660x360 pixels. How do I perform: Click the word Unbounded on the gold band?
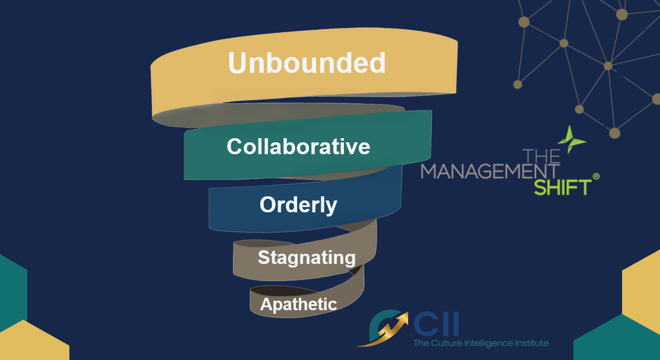tap(307, 63)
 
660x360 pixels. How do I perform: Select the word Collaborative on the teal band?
tap(298, 146)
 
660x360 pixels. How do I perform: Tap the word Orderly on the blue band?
tap(298, 205)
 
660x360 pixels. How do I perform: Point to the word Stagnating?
tap(307, 257)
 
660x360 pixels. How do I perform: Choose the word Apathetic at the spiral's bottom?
tap(298, 304)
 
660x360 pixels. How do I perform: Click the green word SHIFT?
tap(563, 187)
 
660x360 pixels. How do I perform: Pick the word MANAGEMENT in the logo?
tap(490, 171)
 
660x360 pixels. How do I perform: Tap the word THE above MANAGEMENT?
tap(541, 156)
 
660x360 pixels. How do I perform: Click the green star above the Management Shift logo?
tap(571, 139)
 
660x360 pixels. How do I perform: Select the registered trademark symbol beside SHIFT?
tap(596, 176)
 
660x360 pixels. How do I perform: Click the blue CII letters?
tap(436, 324)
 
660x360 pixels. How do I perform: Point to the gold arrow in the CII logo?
tap(384, 330)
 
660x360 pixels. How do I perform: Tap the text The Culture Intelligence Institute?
tap(481, 343)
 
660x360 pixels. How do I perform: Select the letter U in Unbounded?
tap(237, 63)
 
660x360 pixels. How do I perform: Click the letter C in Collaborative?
tap(235, 146)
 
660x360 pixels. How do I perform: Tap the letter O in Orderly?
tap(268, 205)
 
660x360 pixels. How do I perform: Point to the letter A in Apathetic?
tap(267, 304)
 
